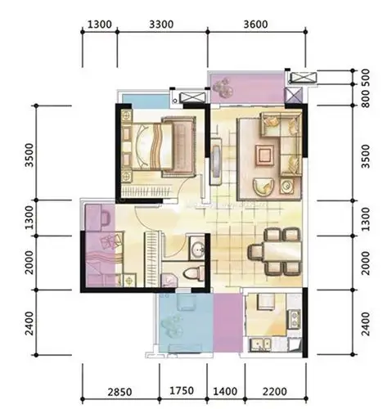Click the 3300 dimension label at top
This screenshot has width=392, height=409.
click(x=161, y=25)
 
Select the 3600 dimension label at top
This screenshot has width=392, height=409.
click(x=255, y=25)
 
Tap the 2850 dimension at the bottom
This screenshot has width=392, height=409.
click(x=119, y=392)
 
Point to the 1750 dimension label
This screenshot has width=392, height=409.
click(x=182, y=391)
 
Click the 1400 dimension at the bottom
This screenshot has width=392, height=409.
click(x=225, y=392)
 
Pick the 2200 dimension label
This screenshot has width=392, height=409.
click(x=275, y=392)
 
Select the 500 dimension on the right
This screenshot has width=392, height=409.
click(x=367, y=76)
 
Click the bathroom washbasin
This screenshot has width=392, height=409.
click(x=197, y=247)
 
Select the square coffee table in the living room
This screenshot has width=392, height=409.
click(x=264, y=155)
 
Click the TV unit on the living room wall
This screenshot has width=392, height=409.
click(x=216, y=162)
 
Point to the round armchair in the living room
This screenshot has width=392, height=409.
click(x=264, y=187)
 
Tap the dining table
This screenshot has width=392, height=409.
click(x=281, y=252)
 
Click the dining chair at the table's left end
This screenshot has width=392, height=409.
click(x=255, y=252)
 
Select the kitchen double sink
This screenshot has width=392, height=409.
click(x=260, y=344)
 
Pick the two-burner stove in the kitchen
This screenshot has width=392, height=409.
click(x=295, y=319)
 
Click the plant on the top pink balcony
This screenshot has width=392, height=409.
click(x=223, y=88)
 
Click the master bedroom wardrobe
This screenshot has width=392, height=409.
click(x=147, y=191)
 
